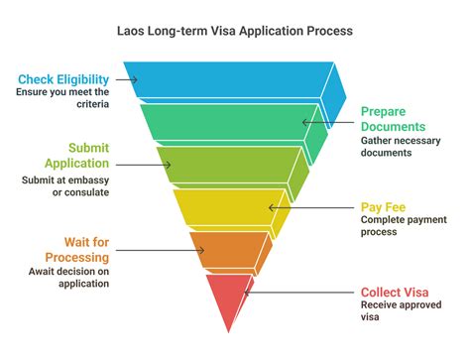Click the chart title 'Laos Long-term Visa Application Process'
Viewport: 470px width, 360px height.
234,31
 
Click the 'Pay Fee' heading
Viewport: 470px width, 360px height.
381,207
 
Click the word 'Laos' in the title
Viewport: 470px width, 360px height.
133,31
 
